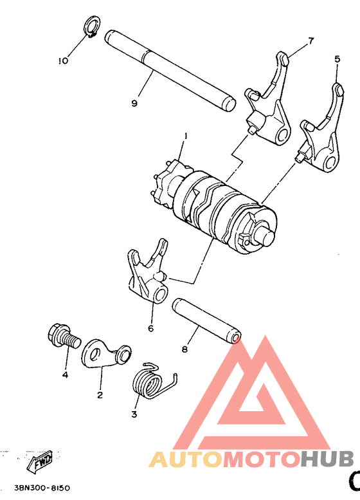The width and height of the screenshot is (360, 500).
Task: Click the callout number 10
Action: pyautogui.click(x=62, y=61)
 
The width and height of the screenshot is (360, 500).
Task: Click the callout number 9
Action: pyautogui.click(x=134, y=103)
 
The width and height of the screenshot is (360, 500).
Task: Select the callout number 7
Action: pyautogui.click(x=310, y=41)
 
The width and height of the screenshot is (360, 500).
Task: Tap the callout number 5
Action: pyautogui.click(x=337, y=59)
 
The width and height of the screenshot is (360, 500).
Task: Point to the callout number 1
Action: pyautogui.click(x=185, y=136)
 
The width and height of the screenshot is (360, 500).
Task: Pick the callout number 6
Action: pyautogui.click(x=151, y=328)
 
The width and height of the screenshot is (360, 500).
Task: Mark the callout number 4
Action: pyautogui.click(x=66, y=374)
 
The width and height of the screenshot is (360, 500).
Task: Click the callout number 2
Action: pyautogui.click(x=100, y=394)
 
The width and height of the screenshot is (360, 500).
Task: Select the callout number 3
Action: pyautogui.click(x=134, y=414)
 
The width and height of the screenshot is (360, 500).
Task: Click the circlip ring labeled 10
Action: pyautogui.click(x=91, y=28)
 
